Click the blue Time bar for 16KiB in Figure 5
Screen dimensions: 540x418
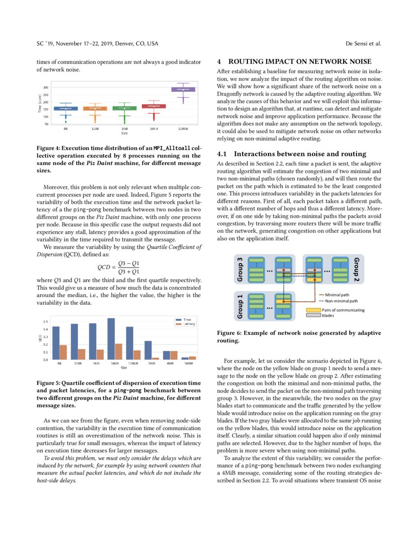(111, 339)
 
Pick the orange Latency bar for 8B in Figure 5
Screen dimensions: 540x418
(63, 352)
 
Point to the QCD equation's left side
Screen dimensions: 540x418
(105, 267)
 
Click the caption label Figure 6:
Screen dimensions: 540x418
(232, 333)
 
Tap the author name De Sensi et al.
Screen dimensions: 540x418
(363, 44)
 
